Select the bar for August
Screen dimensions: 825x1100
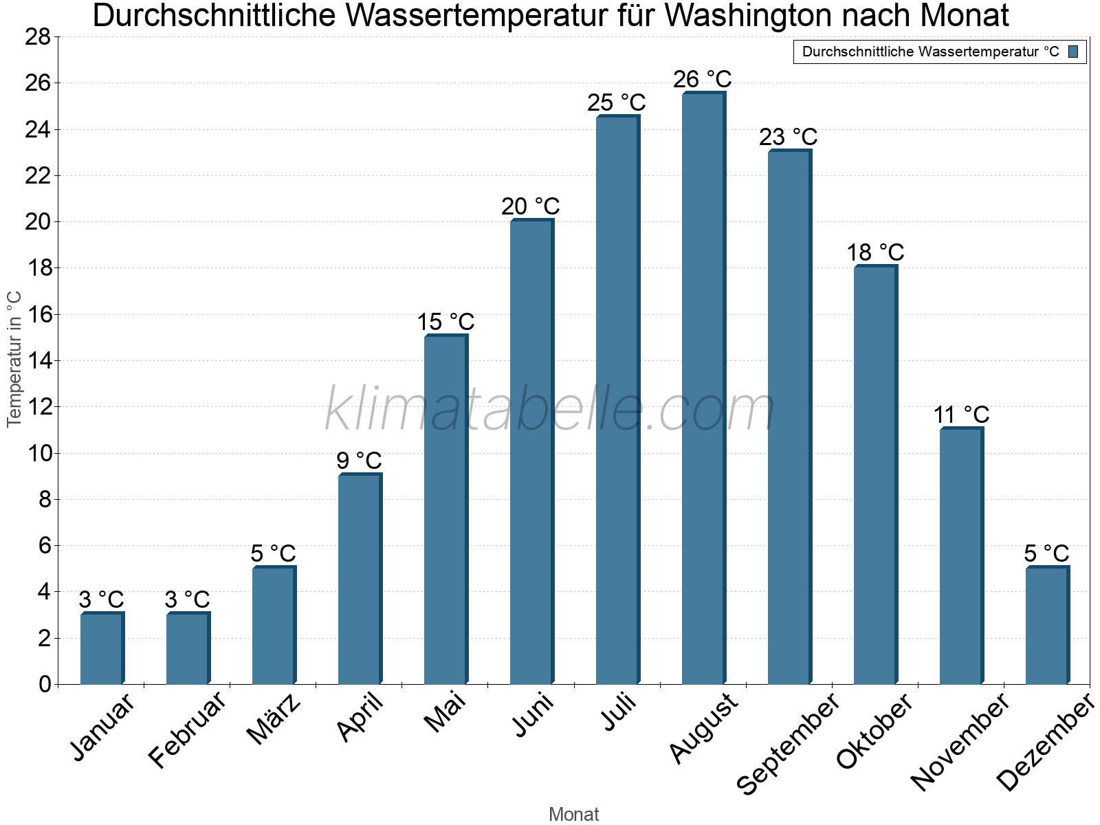pos(703,388)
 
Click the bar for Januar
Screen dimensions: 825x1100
pos(102,648)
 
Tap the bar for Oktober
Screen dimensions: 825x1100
pos(875,474)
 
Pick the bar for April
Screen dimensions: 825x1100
pos(360,579)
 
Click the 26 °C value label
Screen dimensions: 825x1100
pos(702,80)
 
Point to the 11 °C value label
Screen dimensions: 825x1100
pos(960,415)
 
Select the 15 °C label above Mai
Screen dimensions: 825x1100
pos(445,322)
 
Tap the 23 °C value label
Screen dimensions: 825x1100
pos(788,137)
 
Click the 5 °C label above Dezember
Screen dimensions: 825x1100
pos(1046,553)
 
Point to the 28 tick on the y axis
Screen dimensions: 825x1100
pos(38,37)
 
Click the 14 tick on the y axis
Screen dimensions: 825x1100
pos(38,360)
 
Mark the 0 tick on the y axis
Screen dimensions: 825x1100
pos(45,684)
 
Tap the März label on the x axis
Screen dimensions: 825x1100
pos(274,719)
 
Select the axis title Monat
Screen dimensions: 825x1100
pos(573,814)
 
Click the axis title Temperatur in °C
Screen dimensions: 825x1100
pos(14,359)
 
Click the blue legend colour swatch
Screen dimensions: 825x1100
pos(1073,52)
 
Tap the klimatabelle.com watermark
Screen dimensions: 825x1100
pos(549,410)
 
